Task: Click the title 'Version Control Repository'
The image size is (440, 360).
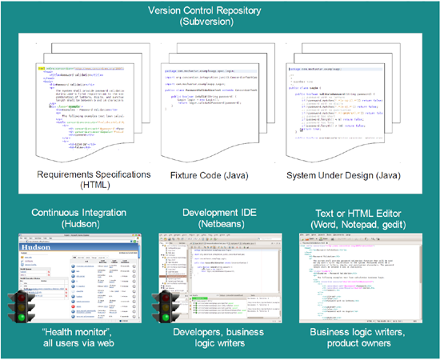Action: [220, 11]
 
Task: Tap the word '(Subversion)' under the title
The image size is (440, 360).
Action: [220, 25]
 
